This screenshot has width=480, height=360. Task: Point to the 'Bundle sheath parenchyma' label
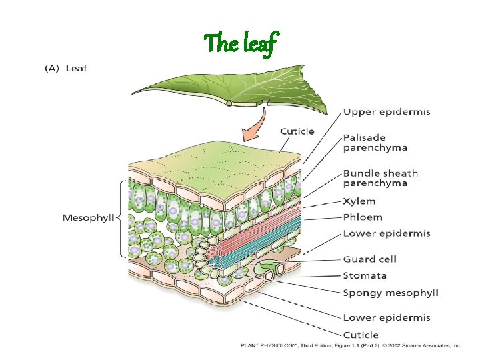[380, 178]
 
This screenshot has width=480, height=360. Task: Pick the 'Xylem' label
[359, 201]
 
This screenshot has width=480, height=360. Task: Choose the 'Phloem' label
[362, 217]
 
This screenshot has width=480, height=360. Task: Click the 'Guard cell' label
[369, 259]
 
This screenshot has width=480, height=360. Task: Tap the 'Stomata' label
[365, 275]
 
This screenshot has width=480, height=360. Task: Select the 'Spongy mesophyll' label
[390, 293]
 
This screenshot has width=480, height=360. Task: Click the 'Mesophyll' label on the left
[88, 217]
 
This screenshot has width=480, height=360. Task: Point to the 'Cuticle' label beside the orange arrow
[297, 131]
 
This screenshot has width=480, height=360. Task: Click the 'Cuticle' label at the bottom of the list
[360, 335]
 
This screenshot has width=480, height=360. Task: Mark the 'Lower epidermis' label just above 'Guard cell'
[386, 233]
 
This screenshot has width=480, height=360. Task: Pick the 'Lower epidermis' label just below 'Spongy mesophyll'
[386, 317]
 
